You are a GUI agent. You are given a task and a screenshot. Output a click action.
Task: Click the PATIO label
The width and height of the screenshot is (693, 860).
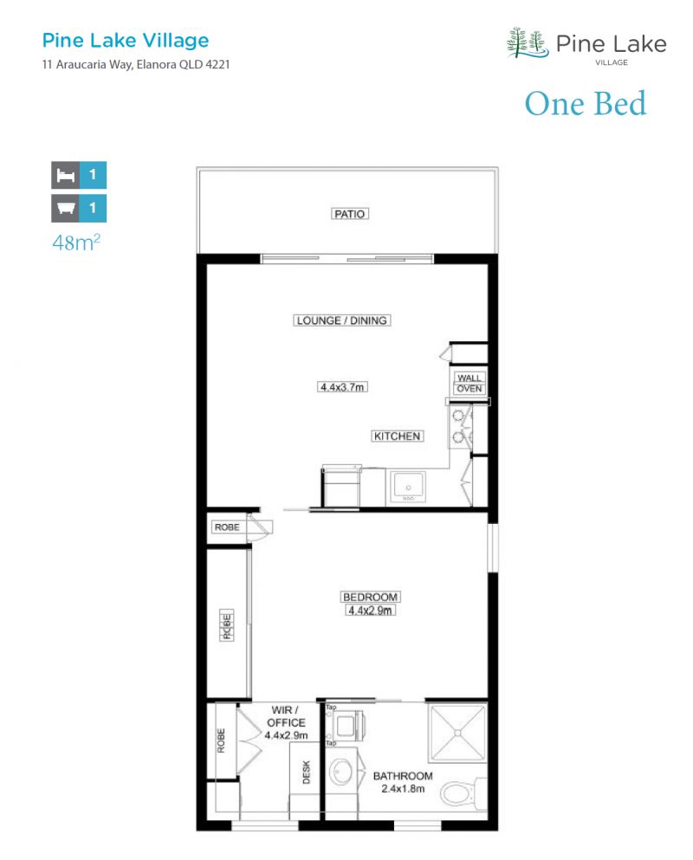(x=350, y=213)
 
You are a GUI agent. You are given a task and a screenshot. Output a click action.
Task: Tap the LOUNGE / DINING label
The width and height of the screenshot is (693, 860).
(x=342, y=320)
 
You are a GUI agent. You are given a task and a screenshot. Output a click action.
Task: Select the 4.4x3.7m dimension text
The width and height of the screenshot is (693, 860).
(x=343, y=387)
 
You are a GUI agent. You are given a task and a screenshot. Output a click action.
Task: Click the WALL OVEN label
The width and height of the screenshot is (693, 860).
(x=470, y=383)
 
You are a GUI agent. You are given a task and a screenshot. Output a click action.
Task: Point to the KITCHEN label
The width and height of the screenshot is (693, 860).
(x=397, y=436)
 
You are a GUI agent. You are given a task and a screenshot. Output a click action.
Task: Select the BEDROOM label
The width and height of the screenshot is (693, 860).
(x=370, y=598)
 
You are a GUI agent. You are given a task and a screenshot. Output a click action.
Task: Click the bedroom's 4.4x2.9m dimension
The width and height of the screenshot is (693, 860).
(x=370, y=610)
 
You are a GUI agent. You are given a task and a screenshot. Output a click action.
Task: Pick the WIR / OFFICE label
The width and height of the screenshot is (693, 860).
(x=287, y=716)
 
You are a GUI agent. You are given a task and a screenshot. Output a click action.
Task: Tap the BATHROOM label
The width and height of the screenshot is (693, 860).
(x=403, y=776)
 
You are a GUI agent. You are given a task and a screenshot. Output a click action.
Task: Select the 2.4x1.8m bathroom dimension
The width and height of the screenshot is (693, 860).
(x=403, y=789)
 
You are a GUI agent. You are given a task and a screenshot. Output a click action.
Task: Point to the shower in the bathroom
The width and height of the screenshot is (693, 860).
(x=457, y=731)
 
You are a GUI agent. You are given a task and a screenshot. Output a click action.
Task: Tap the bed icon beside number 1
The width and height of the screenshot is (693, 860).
(x=64, y=175)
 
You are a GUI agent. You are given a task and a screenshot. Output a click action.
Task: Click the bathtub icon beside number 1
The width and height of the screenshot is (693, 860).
(x=64, y=208)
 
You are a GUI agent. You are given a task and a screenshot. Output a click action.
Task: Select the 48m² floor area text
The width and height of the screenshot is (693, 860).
(x=76, y=242)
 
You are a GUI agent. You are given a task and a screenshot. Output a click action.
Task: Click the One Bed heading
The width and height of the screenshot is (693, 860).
(x=585, y=104)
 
